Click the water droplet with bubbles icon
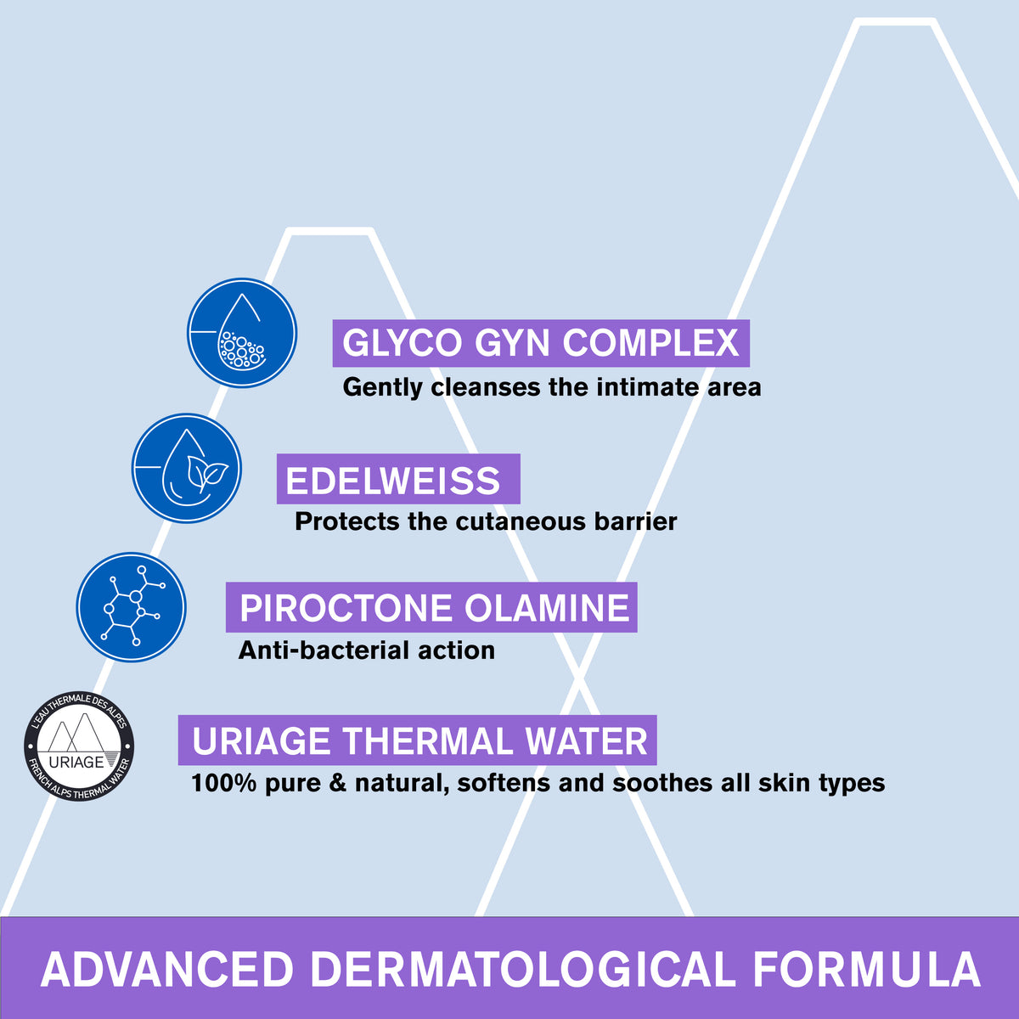coord(242,333)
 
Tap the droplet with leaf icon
coord(187,468)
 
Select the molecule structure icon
coord(132,608)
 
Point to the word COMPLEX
coord(650,343)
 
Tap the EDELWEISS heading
coord(393,481)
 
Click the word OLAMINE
coord(547,608)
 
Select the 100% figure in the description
coord(224,782)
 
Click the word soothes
coord(663,782)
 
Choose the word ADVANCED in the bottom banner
coord(167,970)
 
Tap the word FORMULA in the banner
coord(866,970)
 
